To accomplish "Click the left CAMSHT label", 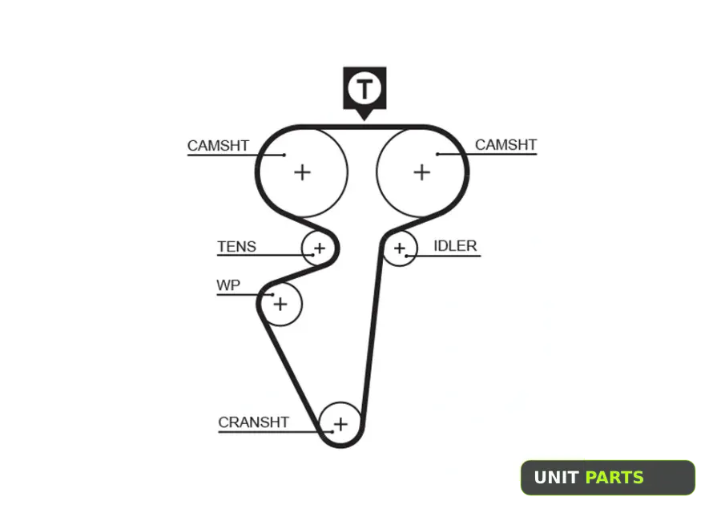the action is (218, 145).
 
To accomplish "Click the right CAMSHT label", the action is (506, 144).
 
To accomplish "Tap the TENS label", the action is (237, 247).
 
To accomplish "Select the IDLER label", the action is (455, 246).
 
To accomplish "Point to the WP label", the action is (228, 285).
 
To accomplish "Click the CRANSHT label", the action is (253, 422).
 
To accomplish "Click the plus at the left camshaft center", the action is (302, 172).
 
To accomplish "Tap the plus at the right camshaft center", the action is (421, 172).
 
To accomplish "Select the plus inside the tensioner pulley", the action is (319, 248).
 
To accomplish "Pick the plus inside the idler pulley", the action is (400, 248).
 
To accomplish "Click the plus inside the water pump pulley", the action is (280, 304).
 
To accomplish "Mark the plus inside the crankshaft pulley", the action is (340, 424).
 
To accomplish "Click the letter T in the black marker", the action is (365, 89).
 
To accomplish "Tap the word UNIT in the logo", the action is (556, 478).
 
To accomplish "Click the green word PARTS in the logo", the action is (614, 478).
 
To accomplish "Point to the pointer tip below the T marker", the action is (365, 120).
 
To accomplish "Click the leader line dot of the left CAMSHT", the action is (284, 155).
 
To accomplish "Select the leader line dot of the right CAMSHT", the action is (437, 154).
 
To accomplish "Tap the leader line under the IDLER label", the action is (443, 256).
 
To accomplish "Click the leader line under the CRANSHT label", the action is (276, 432).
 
